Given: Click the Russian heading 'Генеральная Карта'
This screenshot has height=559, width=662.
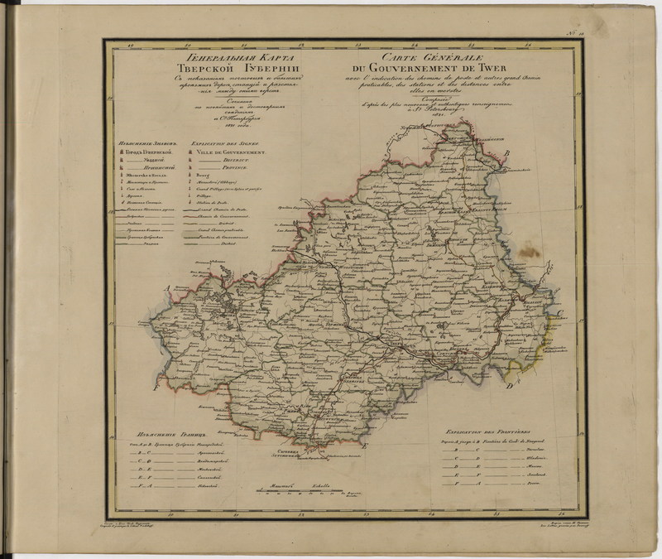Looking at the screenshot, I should click(x=229, y=58).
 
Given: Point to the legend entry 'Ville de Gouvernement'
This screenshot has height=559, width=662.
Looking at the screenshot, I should click(x=229, y=153).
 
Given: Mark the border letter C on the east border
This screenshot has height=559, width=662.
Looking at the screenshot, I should click(x=558, y=313).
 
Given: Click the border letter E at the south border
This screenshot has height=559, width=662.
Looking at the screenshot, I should click(x=364, y=445).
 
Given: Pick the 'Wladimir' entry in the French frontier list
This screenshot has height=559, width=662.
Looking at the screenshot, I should click(x=535, y=457).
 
